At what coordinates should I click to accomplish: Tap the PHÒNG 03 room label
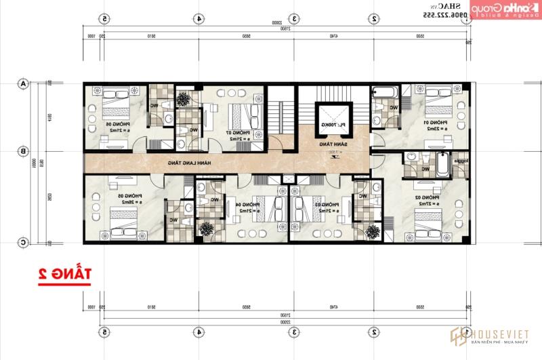point(325,207)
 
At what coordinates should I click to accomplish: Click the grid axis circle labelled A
point(23,84)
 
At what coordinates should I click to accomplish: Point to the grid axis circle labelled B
point(23,151)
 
